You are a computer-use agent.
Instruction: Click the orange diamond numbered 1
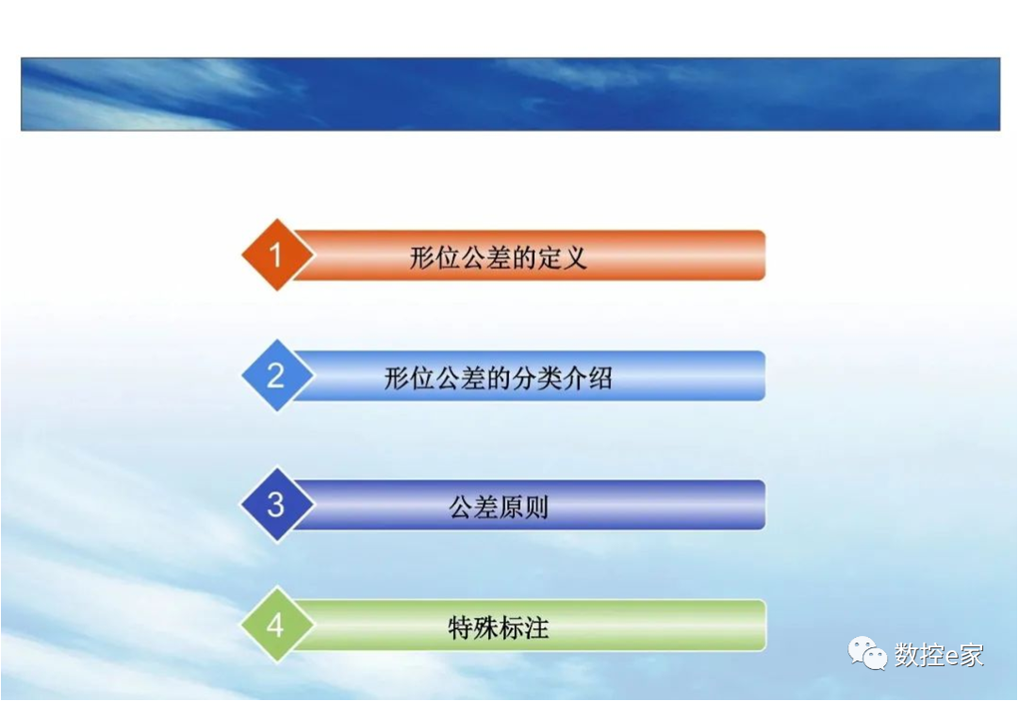(275, 254)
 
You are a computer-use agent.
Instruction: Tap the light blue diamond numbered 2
(275, 376)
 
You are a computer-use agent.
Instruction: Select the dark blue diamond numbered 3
(275, 504)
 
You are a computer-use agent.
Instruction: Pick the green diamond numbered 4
(275, 625)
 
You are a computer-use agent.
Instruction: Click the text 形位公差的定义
(498, 257)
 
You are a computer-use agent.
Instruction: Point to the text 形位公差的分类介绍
(498, 379)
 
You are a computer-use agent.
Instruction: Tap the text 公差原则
(498, 508)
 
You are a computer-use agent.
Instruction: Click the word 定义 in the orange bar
(564, 257)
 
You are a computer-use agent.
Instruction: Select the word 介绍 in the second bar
(588, 379)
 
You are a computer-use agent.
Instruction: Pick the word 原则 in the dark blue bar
(523, 508)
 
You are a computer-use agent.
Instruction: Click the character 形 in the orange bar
(421, 257)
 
